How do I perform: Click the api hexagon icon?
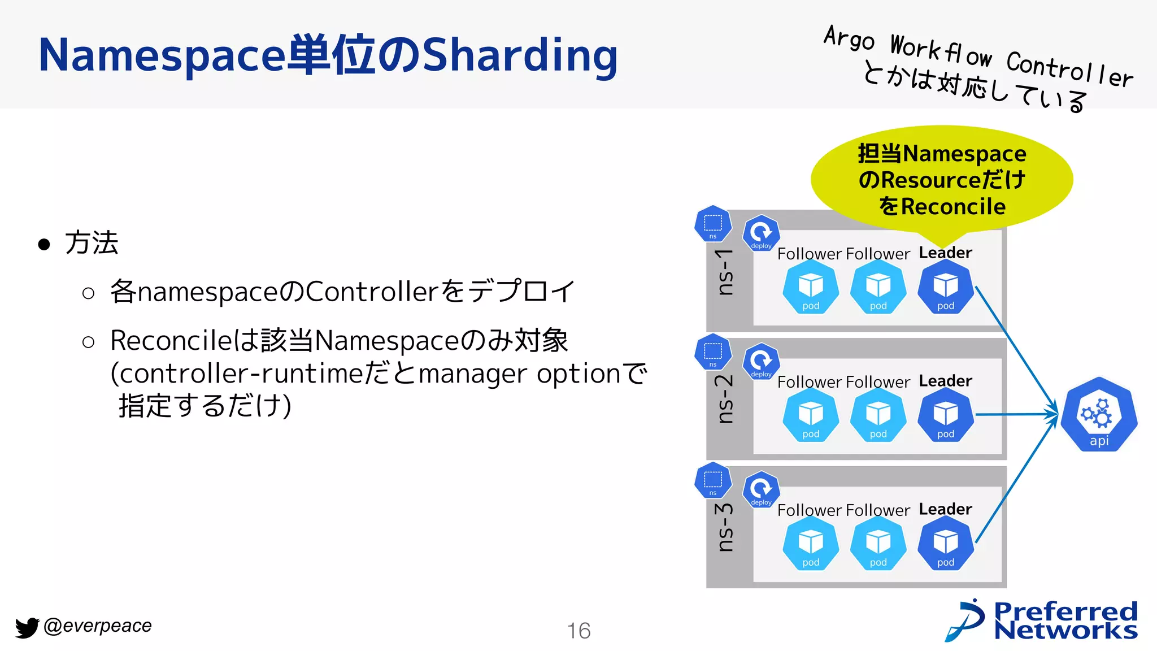tap(1099, 415)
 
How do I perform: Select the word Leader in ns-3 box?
tap(945, 509)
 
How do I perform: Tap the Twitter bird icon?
tap(27, 627)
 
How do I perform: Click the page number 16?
tap(578, 631)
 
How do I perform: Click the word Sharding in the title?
tap(520, 55)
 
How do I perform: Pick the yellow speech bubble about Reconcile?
tap(942, 180)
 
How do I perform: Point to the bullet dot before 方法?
tap(44, 245)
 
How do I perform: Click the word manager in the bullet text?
tap(472, 374)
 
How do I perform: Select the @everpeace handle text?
tap(97, 626)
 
